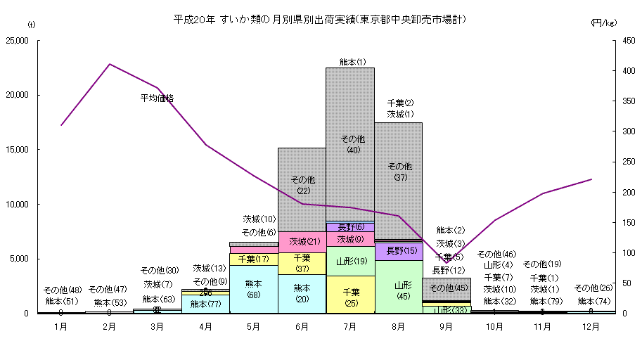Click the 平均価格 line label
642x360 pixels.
157,98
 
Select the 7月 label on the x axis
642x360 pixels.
350,327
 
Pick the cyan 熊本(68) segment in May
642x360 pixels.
254,288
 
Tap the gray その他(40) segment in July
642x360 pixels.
350,144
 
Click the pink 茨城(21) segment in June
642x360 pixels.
302,242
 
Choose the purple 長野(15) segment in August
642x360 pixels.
399,251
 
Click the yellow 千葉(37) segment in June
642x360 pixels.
302,263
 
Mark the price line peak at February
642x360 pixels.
110,64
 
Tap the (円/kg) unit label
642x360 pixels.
604,24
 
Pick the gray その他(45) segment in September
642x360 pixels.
447,288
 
